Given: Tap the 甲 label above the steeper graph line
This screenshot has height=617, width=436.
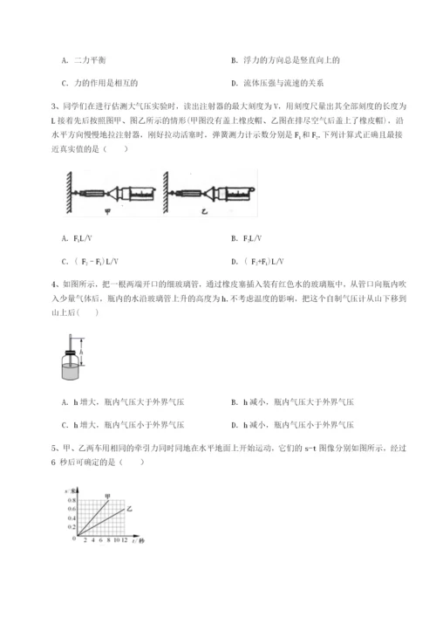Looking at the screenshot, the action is [109, 496].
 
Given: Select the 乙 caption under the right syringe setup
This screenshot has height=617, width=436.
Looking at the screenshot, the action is [205, 209].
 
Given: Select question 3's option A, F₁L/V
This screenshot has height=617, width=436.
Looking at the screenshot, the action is [78, 237].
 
